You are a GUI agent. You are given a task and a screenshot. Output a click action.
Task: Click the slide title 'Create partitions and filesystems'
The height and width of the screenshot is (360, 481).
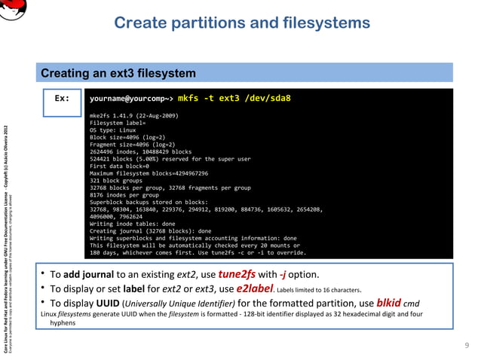point(241,23)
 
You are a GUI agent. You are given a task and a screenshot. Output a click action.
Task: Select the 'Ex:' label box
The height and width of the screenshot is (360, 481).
point(63,99)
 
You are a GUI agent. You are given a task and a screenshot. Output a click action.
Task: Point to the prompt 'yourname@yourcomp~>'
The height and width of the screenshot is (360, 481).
point(131,99)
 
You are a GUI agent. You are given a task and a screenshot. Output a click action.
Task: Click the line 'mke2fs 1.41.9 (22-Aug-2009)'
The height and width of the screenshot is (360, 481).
point(133,115)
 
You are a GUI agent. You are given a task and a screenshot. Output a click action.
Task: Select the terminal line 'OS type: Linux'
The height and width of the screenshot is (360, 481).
point(112,130)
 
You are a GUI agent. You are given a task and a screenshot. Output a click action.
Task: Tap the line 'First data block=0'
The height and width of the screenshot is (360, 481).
point(120,166)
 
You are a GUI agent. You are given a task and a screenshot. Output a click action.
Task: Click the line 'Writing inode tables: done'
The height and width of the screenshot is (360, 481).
point(132,224)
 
